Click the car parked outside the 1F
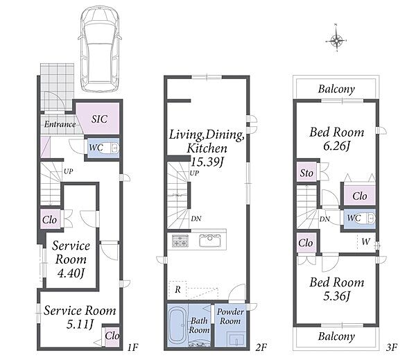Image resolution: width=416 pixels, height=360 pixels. click(x=99, y=49)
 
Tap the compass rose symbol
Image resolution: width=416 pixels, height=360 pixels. click(x=336, y=41)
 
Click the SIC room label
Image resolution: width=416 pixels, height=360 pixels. click(x=99, y=119)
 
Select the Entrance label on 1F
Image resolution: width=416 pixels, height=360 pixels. click(x=60, y=124)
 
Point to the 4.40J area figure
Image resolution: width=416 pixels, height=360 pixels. click(x=71, y=273)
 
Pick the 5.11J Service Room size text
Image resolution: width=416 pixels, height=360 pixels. click(x=80, y=325)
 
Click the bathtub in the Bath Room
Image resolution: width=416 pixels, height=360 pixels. click(x=177, y=325)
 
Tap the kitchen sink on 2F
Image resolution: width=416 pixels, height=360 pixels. click(x=210, y=241)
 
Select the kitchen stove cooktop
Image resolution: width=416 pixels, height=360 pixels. click(x=180, y=241)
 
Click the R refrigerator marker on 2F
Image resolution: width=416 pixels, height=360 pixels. click(x=177, y=289)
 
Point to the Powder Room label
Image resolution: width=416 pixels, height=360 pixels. click(x=230, y=316)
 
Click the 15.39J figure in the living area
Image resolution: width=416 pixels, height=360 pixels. click(x=207, y=162)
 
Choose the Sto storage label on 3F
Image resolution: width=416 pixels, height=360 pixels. click(x=306, y=173)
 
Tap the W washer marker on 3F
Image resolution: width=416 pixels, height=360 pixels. click(x=365, y=241)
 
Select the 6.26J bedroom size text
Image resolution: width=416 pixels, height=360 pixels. click(x=337, y=146)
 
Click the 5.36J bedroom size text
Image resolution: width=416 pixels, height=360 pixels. click(x=337, y=295)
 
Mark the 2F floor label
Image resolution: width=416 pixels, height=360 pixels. click(x=261, y=348)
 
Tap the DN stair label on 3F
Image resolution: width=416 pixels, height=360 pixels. click(x=324, y=219)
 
